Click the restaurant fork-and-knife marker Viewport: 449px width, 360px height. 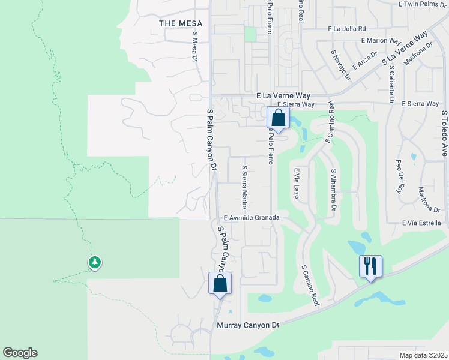370,265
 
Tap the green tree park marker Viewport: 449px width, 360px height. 95,262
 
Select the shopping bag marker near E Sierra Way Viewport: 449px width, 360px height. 277,116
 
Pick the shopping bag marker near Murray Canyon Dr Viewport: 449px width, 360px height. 220,283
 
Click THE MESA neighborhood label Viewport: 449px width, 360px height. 181,23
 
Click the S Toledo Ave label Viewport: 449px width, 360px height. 444,133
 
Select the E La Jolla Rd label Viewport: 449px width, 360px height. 346,28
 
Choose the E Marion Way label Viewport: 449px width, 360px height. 381,41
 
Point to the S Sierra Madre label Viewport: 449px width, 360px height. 244,184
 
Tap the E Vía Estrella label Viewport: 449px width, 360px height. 423,223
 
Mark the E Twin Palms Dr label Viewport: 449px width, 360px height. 423,4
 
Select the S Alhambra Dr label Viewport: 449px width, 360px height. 333,190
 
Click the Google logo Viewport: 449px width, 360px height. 20,353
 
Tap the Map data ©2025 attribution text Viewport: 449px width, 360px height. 423,355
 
